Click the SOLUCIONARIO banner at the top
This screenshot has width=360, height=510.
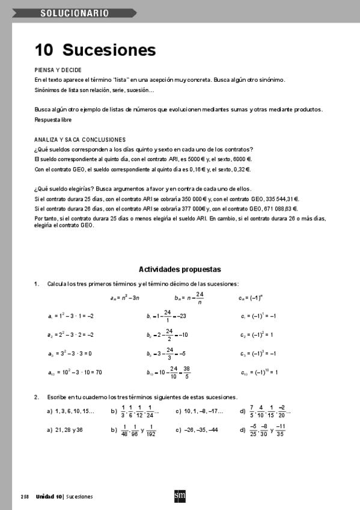[75, 12]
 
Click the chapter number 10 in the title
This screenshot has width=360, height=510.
[45, 50]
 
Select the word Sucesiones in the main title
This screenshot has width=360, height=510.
[109, 50]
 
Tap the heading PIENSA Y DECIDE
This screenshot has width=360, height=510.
[58, 70]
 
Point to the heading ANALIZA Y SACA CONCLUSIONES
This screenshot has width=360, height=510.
[80, 140]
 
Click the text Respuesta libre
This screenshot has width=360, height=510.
[53, 120]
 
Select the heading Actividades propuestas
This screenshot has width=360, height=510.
[180, 269]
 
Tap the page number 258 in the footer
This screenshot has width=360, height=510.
[25, 497]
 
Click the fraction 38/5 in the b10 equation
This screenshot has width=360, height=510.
[187, 373]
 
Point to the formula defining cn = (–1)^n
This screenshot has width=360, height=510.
[254, 297]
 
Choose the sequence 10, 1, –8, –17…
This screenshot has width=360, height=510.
[204, 411]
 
